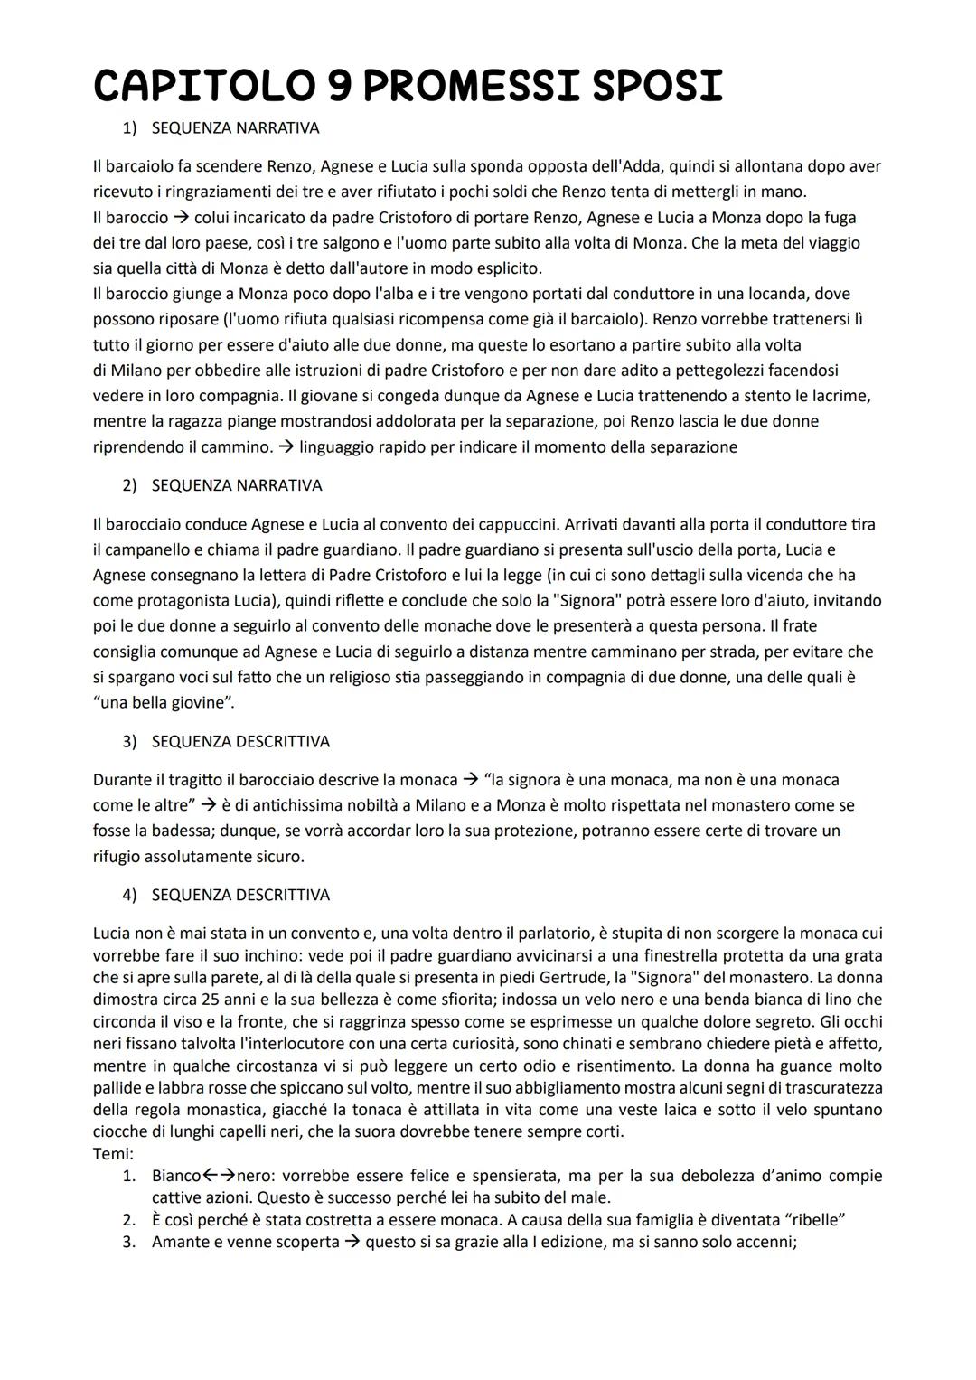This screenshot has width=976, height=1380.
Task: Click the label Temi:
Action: pos(113,1154)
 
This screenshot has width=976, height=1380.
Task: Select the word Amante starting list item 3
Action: pos(182,1242)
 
